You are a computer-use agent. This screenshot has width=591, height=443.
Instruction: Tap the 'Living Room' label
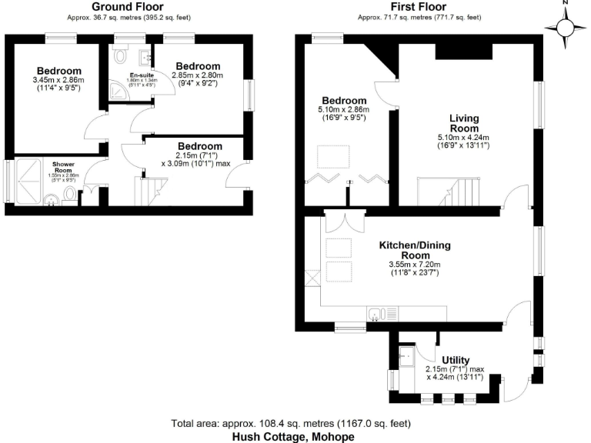point(464,123)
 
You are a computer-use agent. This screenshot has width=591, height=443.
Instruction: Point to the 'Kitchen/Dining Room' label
point(414,251)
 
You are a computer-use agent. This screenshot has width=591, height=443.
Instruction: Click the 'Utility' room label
point(456,360)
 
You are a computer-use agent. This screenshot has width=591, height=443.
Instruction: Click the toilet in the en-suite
point(120,55)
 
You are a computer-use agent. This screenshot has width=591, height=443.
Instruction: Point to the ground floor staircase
point(151,188)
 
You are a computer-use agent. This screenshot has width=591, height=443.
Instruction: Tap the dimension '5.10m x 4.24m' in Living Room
point(464,138)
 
